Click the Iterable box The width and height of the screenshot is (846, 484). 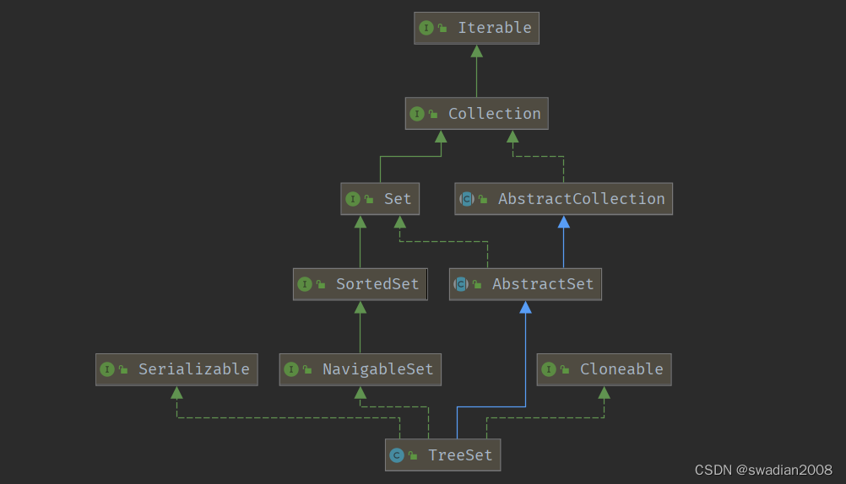tap(476, 28)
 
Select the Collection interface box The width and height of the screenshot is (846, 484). tap(476, 114)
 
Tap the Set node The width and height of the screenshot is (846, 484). tap(380, 199)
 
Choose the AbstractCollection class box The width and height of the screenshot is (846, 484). tap(563, 199)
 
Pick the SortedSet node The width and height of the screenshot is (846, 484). tap(360, 284)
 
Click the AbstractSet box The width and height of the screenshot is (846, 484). tap(525, 284)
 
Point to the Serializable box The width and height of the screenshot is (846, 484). tap(176, 369)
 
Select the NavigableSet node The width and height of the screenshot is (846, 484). tap(360, 369)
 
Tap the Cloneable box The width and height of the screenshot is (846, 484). tap(604, 369)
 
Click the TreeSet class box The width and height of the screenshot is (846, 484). tap(442, 455)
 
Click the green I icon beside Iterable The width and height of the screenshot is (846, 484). tap(426, 28)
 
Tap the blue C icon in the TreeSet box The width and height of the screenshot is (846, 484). tap(397, 455)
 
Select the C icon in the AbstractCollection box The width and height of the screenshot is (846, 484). tap(467, 199)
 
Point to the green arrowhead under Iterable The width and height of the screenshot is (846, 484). tap(476, 51)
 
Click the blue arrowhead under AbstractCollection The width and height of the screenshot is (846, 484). tap(563, 222)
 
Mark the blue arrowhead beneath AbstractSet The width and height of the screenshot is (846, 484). tap(525, 307)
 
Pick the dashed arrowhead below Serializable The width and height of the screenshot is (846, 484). tap(176, 393)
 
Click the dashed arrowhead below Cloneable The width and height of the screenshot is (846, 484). tap(604, 393)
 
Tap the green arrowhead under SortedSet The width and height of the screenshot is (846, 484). tap(360, 307)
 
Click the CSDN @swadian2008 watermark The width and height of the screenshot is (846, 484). tap(763, 470)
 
